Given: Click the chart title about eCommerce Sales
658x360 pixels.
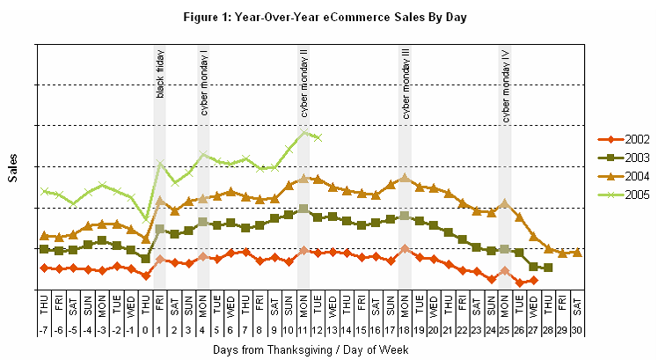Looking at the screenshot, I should [328, 17].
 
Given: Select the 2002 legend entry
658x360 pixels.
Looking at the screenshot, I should [624, 140].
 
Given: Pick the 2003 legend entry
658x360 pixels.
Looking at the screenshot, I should [624, 158].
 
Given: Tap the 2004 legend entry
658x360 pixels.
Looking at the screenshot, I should [624, 176].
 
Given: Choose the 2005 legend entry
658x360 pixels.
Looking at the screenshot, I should [624, 195].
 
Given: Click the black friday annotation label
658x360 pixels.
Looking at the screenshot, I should [160, 74].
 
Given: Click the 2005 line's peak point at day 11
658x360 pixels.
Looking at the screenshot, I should [304, 132].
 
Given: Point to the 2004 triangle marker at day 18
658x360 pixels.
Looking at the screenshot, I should [405, 177].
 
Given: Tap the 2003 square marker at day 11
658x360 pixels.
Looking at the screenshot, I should [303, 209].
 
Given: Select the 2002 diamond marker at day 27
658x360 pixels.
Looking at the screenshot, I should [533, 280].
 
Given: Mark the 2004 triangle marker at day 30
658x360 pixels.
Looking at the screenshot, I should [577, 253].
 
